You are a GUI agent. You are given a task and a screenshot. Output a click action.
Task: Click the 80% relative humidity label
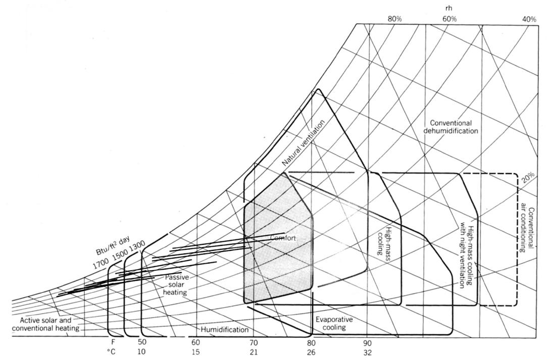[394, 19]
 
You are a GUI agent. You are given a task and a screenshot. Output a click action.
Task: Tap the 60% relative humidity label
[450, 19]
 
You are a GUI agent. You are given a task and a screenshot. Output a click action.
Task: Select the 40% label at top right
[529, 19]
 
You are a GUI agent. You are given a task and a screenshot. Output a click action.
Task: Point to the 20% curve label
[528, 178]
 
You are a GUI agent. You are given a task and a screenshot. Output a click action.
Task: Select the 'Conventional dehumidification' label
[451, 127]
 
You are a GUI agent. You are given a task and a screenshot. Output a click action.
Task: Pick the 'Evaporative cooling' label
[334, 323]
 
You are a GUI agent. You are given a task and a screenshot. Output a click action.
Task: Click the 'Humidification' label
[225, 330]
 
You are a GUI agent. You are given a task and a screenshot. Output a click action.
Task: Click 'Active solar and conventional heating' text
[49, 324]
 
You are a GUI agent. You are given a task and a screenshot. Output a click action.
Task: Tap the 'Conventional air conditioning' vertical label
[527, 223]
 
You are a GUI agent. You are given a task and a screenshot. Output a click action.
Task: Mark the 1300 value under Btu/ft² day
[137, 247]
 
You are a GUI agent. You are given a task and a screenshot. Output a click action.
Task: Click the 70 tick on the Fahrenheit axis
[254, 342]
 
